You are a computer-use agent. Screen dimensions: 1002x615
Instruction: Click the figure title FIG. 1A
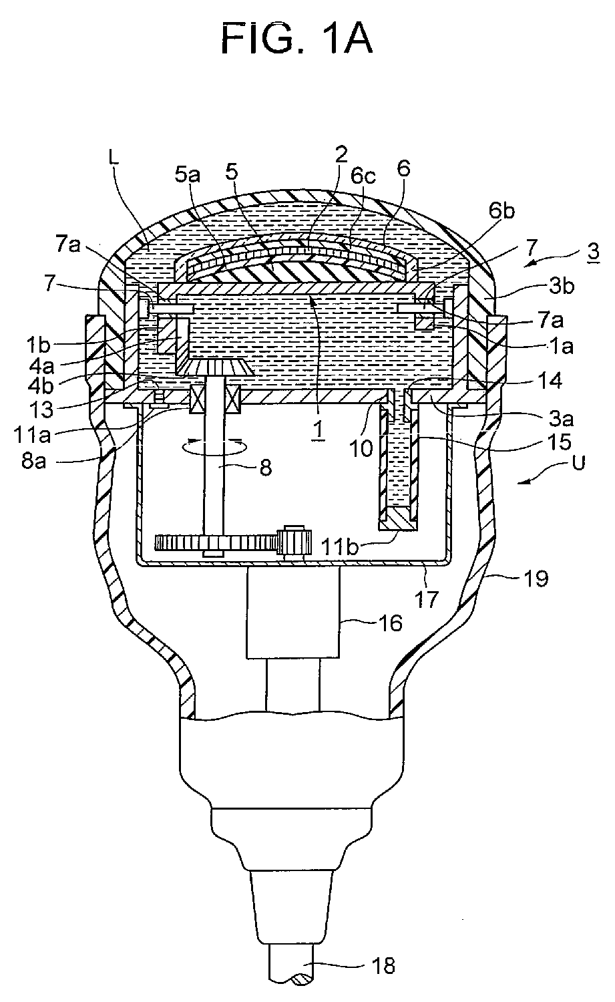(296, 39)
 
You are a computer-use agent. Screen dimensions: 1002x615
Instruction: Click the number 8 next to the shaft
(266, 468)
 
